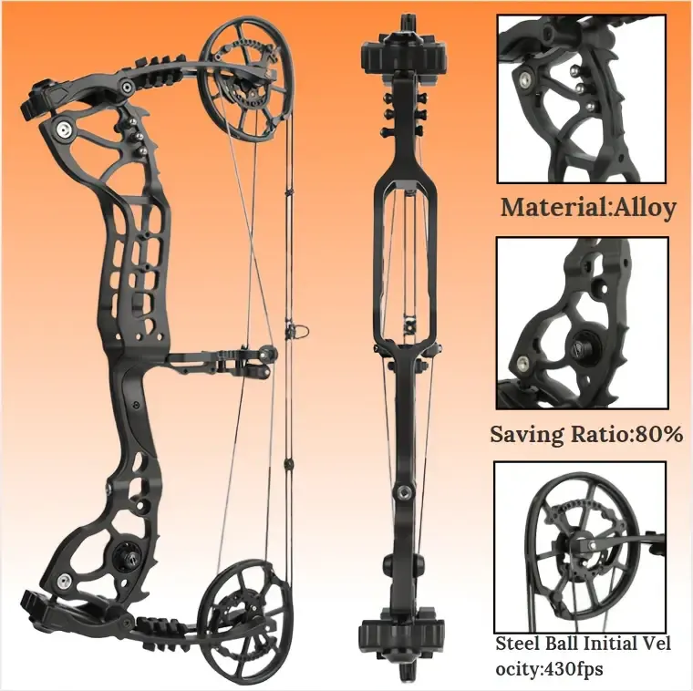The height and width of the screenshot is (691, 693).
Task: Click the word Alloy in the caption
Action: pyautogui.click(x=644, y=208)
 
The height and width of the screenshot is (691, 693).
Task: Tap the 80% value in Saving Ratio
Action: pyautogui.click(x=659, y=434)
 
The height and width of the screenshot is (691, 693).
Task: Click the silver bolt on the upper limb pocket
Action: pyautogui.click(x=63, y=128)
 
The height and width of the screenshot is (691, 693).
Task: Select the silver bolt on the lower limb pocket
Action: pyautogui.click(x=65, y=580)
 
